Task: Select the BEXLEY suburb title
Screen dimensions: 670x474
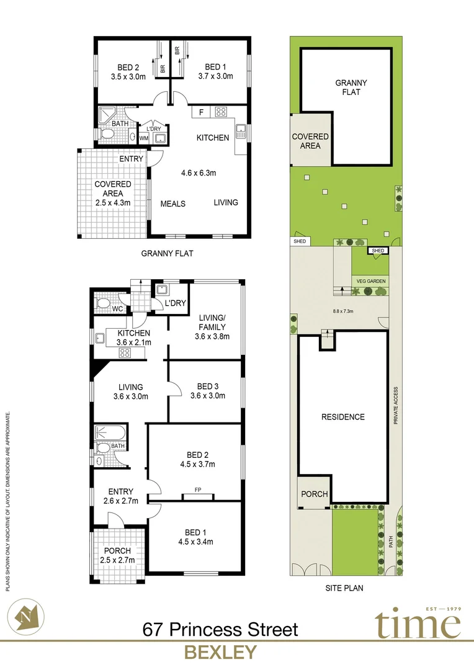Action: (x=220, y=652)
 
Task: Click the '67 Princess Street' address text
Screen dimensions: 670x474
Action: (x=220, y=630)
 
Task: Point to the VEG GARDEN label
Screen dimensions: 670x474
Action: (x=371, y=281)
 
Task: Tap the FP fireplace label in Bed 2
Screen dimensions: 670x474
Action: (x=197, y=489)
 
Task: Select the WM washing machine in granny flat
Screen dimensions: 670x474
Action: (x=144, y=138)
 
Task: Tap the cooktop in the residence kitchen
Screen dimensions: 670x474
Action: (x=124, y=353)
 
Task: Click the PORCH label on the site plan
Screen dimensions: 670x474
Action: (x=313, y=494)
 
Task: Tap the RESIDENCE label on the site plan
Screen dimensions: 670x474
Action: (x=342, y=417)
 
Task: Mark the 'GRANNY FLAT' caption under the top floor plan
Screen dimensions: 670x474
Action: (x=169, y=252)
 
